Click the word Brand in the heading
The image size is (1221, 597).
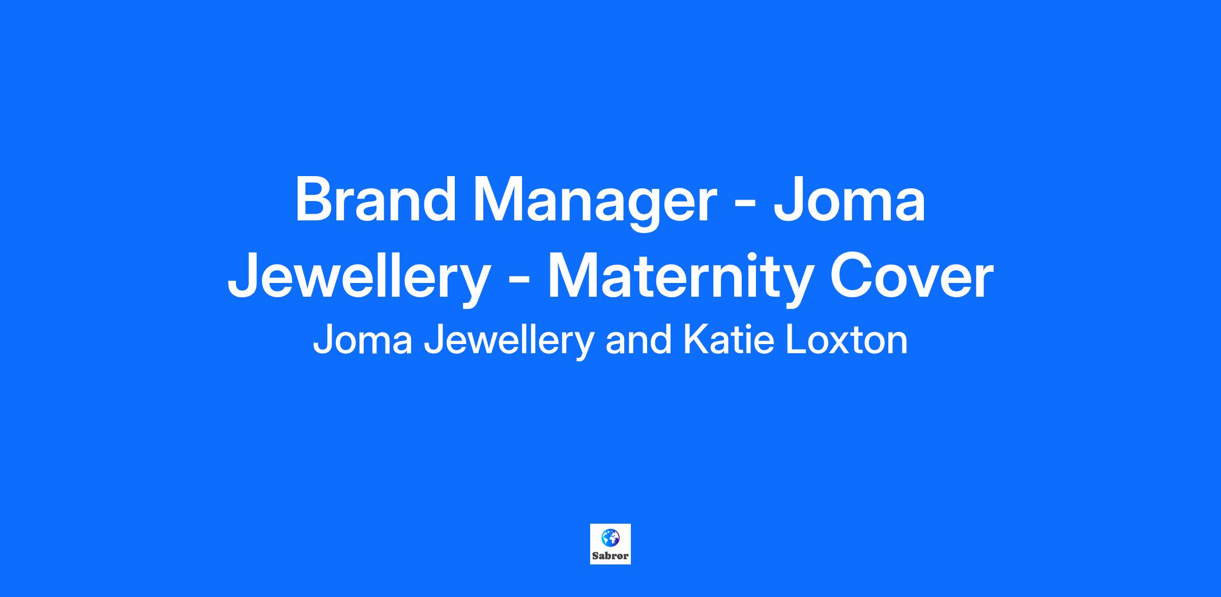(375, 199)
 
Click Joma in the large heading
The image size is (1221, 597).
(849, 200)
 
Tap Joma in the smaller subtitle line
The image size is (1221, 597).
(362, 340)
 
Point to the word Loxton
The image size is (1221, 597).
(847, 340)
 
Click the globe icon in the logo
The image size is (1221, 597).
(610, 537)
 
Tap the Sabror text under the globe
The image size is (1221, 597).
(610, 556)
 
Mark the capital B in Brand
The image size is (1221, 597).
(314, 199)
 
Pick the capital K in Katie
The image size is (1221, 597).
(695, 340)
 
